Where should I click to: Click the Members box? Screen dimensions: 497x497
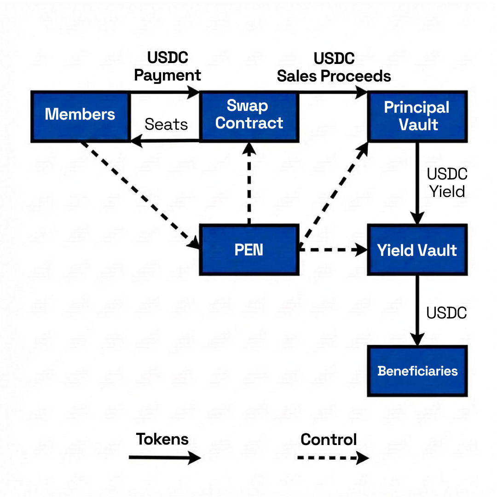[80, 116]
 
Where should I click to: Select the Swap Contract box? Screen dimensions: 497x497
[248, 116]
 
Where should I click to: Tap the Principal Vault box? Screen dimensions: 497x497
[417, 116]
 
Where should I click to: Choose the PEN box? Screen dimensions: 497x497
[248, 250]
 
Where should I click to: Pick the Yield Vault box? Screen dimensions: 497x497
[417, 250]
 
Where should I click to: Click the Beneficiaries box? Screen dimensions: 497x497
[417, 371]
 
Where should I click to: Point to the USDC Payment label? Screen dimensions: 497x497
[168, 67]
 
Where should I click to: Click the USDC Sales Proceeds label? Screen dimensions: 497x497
[334, 68]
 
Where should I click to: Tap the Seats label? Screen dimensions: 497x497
[166, 124]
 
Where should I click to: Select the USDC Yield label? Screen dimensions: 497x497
[447, 183]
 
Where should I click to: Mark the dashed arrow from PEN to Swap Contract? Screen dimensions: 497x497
[248, 184]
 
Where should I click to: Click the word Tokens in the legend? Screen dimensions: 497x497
[162, 439]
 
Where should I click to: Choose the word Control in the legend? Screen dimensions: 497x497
[329, 439]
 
